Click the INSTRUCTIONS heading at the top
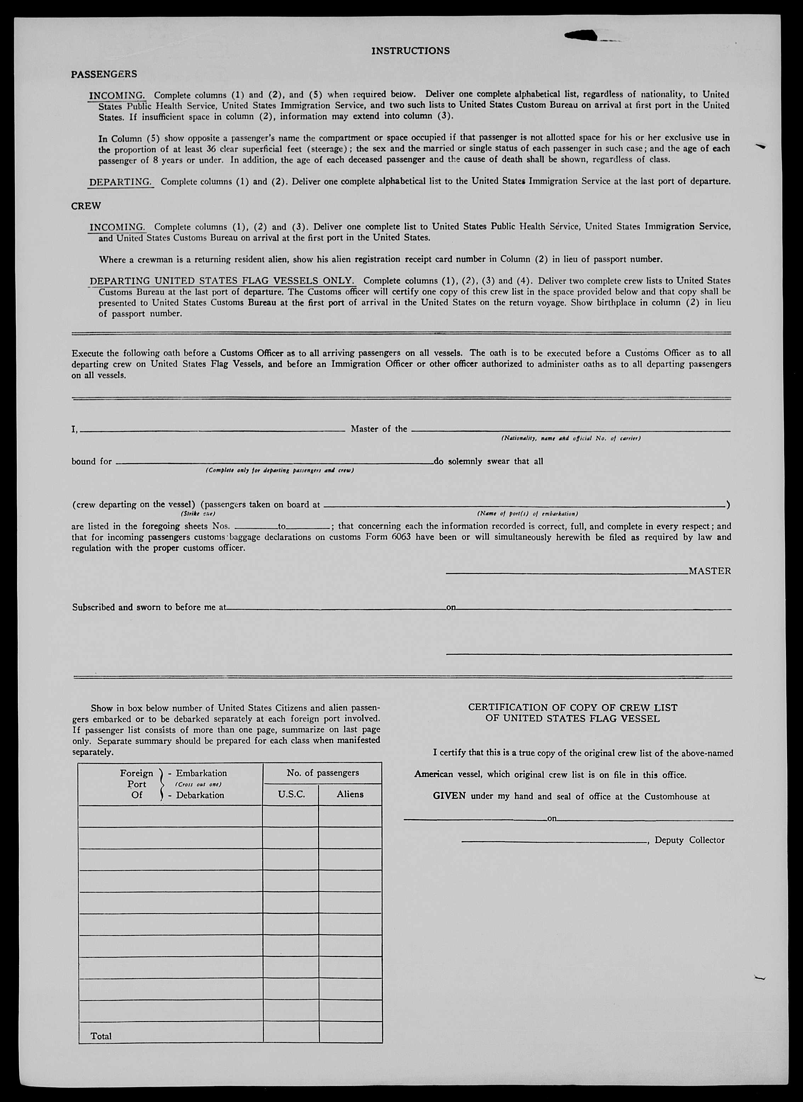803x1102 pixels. click(x=410, y=51)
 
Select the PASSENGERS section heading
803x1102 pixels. click(x=104, y=74)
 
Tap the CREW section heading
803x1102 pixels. click(x=86, y=206)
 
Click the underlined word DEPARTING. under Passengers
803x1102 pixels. click(x=120, y=182)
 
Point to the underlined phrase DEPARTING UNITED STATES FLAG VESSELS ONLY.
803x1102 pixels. click(x=222, y=281)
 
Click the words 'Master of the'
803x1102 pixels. click(x=379, y=429)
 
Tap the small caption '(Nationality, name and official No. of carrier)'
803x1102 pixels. click(x=571, y=438)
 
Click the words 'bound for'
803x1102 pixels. click(x=91, y=462)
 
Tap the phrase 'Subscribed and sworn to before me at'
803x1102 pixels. click(x=149, y=607)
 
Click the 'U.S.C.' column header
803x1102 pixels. click(x=291, y=794)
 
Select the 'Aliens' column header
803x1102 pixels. click(x=350, y=794)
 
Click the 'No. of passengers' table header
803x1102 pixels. click(x=322, y=773)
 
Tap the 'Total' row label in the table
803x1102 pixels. click(x=101, y=1036)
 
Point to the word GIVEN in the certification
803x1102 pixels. click(x=449, y=796)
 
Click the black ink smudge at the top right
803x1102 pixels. click(x=582, y=35)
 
